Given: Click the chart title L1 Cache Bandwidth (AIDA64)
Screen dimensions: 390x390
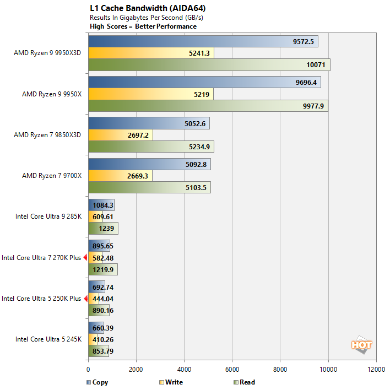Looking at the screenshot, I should pos(140,9).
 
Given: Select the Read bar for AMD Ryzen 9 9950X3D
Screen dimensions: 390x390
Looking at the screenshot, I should pos(209,65).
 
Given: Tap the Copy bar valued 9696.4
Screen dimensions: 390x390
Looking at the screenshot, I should pos(204,83).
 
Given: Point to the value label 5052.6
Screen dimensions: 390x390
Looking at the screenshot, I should pos(195,124).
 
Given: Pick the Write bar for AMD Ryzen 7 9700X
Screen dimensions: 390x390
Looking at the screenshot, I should pos(120,176).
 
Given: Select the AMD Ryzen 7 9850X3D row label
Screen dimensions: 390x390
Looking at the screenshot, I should pos(51,136).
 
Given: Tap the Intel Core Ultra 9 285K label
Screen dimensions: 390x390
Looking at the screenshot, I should pos(48,216).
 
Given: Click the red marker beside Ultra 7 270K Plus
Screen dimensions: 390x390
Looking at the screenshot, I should pos(85,257).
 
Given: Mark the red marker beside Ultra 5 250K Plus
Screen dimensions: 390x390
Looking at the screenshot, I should pos(85,299).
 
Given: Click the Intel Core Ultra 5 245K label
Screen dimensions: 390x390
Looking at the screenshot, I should pos(48,339).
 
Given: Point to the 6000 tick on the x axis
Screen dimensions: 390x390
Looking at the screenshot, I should pos(232,370).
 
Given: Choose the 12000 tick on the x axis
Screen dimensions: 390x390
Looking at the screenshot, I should pos(376,370).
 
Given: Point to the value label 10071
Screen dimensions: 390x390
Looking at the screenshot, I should pos(316,65).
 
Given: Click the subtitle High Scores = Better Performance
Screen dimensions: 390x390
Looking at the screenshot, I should pos(143,26).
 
